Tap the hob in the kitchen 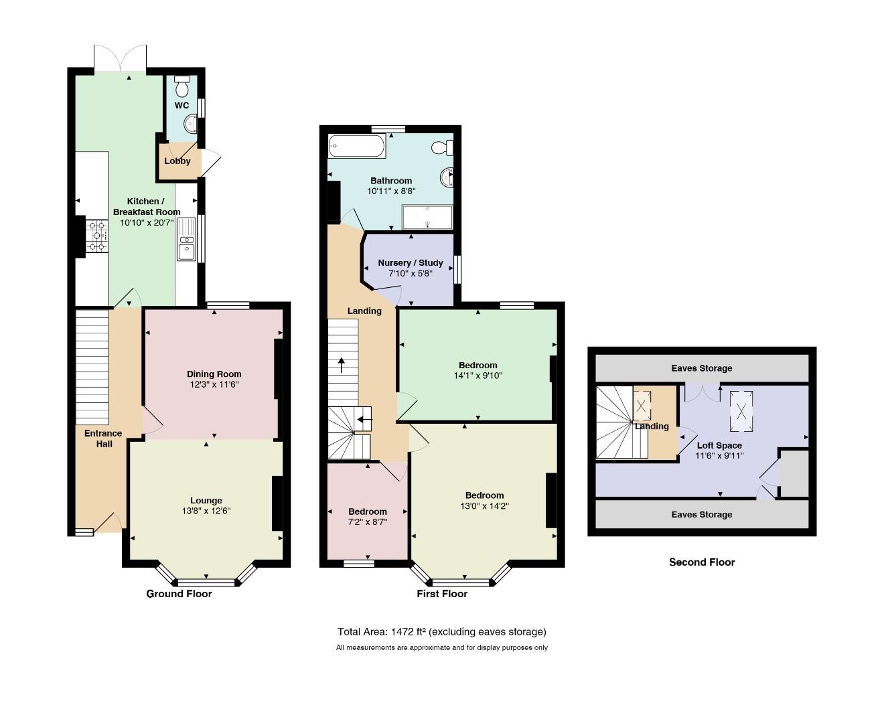click(x=97, y=236)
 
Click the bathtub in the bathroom click(x=357, y=146)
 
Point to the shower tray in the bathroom click(x=427, y=217)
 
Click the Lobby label click(x=177, y=161)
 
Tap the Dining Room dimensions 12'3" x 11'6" click(x=214, y=384)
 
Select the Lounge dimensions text click(x=206, y=511)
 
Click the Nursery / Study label click(x=411, y=263)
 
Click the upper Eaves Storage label click(x=702, y=368)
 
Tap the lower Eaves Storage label click(x=702, y=515)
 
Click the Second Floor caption click(x=702, y=562)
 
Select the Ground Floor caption click(x=179, y=594)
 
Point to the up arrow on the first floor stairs click(x=342, y=365)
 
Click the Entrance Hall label click(x=104, y=438)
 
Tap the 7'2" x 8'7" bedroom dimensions click(x=368, y=521)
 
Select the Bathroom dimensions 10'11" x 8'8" click(x=391, y=191)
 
